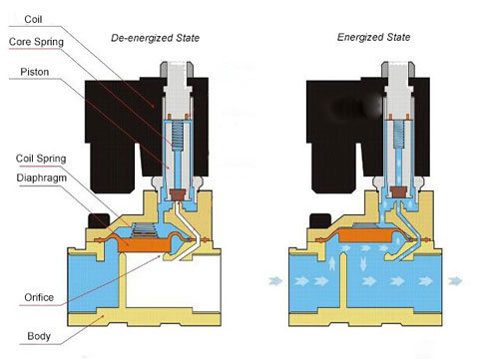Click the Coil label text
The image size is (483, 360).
click(33, 19)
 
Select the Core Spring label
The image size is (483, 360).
click(36, 42)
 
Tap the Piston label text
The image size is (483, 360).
click(35, 72)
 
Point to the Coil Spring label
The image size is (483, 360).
click(41, 159)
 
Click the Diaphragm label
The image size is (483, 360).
click(42, 178)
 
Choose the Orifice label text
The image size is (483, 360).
click(39, 297)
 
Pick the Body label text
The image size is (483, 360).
click(39, 336)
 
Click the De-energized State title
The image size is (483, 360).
click(155, 38)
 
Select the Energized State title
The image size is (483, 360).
click(373, 37)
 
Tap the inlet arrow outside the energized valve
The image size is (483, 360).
click(275, 281)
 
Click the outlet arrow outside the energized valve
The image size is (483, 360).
click(455, 281)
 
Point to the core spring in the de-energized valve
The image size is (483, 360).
click(178, 136)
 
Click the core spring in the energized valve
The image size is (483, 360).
click(398, 134)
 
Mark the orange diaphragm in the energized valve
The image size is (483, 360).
click(366, 235)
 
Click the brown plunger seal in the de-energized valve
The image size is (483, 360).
click(178, 194)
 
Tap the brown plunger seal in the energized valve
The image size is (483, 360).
click(398, 191)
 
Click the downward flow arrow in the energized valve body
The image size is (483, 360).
click(363, 263)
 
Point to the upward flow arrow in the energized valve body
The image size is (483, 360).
click(331, 263)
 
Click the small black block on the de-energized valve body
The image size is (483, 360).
click(99, 220)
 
